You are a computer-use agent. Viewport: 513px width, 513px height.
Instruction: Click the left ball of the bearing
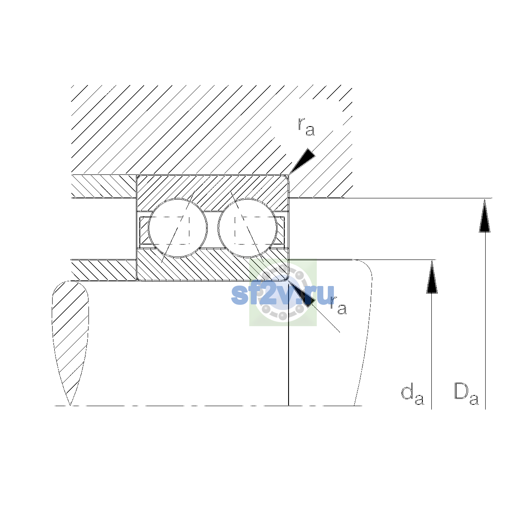click(177, 228)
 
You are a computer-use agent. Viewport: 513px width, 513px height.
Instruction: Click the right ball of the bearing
click(248, 228)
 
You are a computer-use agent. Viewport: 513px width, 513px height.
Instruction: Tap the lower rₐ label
click(338, 306)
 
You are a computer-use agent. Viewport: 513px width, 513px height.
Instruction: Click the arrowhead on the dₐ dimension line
click(432, 277)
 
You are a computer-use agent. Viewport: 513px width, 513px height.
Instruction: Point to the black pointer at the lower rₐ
click(302, 294)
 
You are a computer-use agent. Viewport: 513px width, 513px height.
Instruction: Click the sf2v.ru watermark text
click(283, 295)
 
